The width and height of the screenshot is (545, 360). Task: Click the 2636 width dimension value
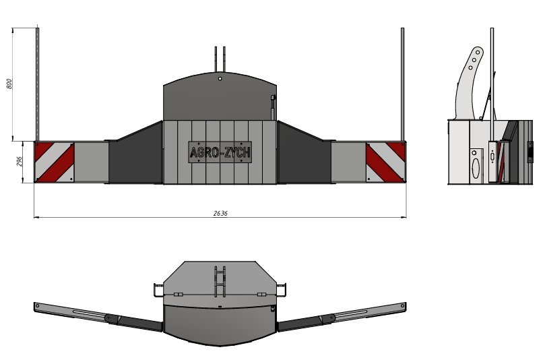tap(220, 213)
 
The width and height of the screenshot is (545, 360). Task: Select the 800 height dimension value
tap(9, 84)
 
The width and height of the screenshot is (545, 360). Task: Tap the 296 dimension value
tap(19, 161)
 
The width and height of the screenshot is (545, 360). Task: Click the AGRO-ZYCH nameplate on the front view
tap(220, 152)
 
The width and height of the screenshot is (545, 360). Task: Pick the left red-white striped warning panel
tap(55, 162)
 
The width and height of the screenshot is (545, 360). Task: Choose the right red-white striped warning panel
tap(386, 162)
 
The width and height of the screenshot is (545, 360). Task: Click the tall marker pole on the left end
tap(38, 84)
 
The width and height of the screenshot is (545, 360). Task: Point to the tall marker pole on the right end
tap(402, 84)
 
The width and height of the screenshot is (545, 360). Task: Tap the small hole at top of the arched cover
tap(220, 79)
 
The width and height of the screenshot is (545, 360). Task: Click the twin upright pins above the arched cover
tap(220, 59)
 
